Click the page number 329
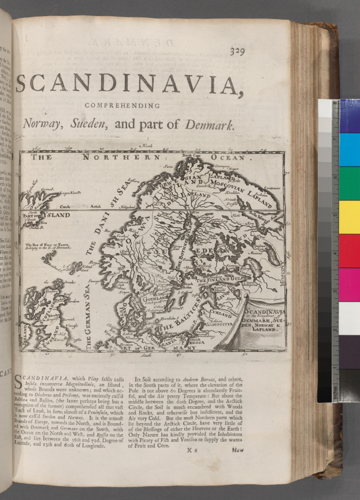(237, 52)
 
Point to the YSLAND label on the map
(58, 215)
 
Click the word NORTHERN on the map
(120, 157)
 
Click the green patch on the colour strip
(349, 183)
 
